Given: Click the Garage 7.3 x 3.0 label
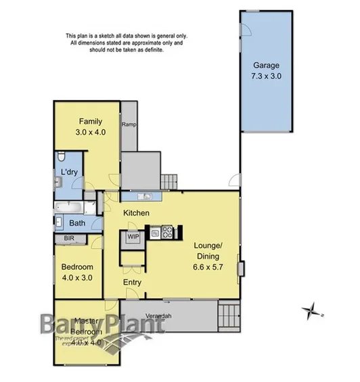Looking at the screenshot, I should click(265, 70).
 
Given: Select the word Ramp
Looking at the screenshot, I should click(129, 125).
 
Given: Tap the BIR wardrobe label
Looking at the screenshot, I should click(68, 239).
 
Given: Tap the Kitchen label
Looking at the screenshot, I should click(135, 214).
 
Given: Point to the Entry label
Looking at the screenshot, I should click(133, 282).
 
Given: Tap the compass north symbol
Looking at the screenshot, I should click(312, 312).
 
